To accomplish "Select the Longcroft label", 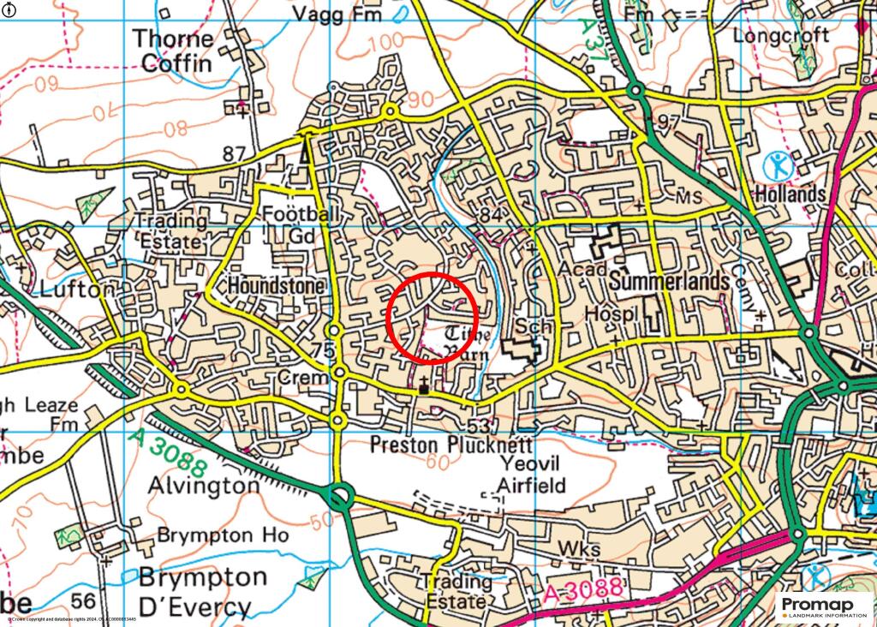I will [782, 36].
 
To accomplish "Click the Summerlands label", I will [669, 282].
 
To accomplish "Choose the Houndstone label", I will [276, 285].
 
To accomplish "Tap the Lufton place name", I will [76, 290].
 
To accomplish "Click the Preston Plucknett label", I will [450, 445].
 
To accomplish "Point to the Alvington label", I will [203, 485].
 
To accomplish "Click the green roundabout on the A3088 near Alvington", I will [341, 495].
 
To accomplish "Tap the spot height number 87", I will [233, 154].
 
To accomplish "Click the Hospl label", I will [612, 316].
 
